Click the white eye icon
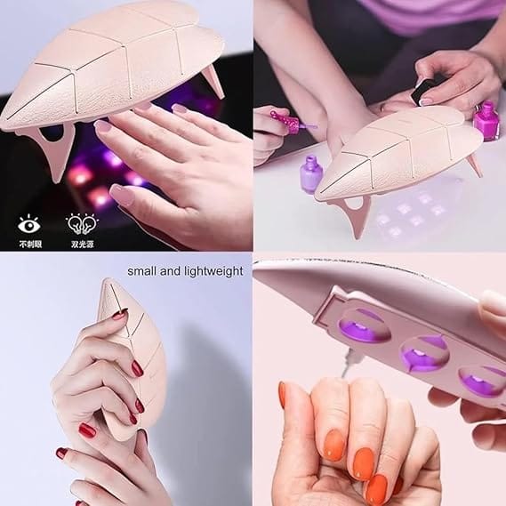[29, 224]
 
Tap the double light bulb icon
[83, 224]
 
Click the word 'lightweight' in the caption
[214, 271]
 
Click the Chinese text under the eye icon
[30, 245]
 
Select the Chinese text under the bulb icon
[83, 245]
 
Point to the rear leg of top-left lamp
[213, 81]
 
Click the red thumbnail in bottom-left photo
[87, 430]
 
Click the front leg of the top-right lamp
[357, 214]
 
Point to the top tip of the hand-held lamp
[108, 279]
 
